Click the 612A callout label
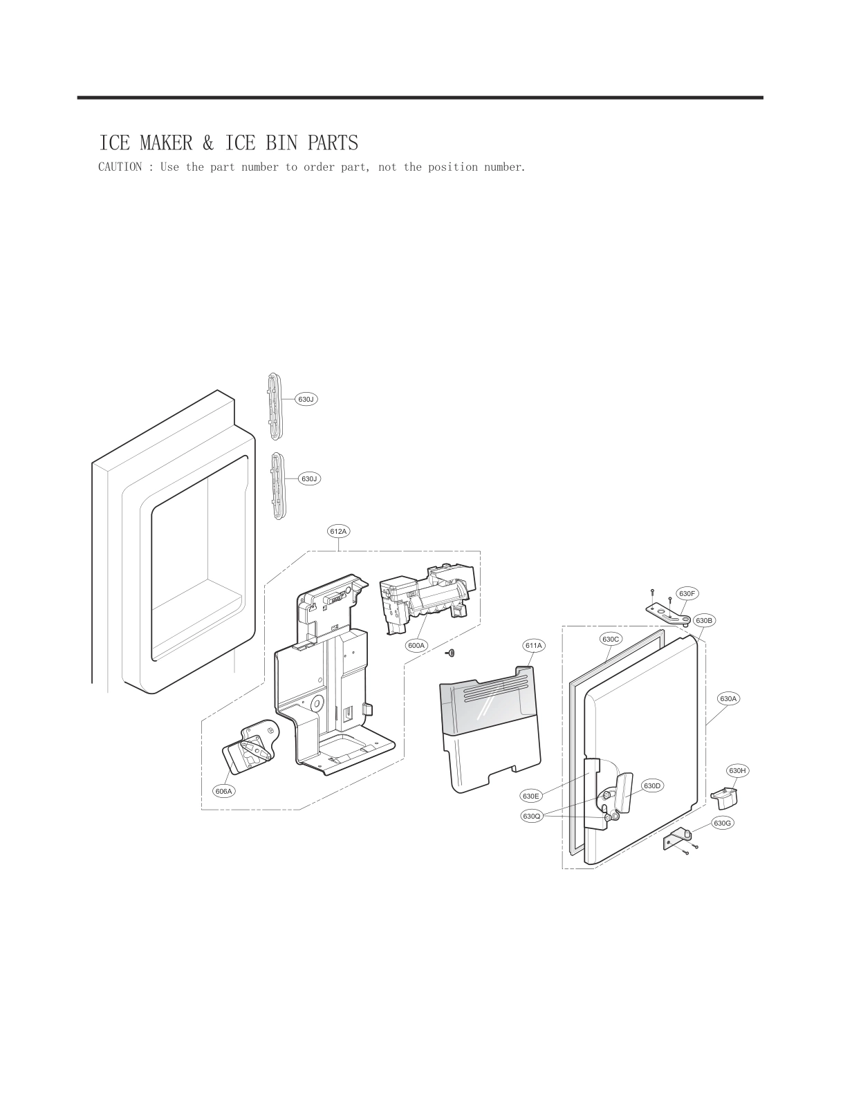click(x=338, y=531)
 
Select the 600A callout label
click(x=416, y=645)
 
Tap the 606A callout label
click(x=223, y=791)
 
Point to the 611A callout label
click(x=533, y=645)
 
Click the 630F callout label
click(x=687, y=593)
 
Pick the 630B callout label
click(x=704, y=620)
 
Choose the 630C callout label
click(x=611, y=639)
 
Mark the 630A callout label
click(x=729, y=698)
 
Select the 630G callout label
click(x=722, y=823)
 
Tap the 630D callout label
click(x=653, y=785)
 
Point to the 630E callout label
click(x=531, y=796)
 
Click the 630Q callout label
click(x=531, y=817)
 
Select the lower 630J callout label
click(x=309, y=478)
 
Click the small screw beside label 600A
click(x=450, y=652)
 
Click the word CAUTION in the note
click(x=120, y=167)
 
